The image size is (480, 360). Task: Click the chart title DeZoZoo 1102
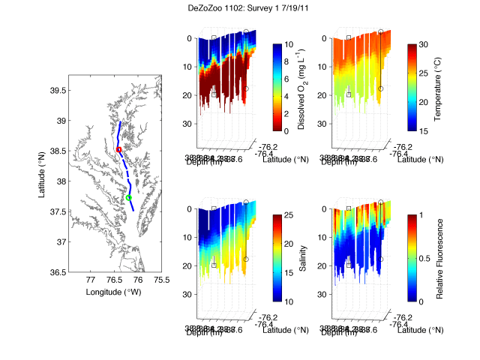[x=239, y=9]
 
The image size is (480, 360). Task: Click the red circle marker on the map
[x=119, y=150]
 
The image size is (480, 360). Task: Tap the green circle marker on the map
[x=129, y=198]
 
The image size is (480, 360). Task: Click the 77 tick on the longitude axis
[x=90, y=280]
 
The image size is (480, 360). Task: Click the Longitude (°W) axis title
[x=114, y=291]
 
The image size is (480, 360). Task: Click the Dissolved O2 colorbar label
[x=301, y=87]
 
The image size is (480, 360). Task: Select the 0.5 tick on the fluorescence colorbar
[x=427, y=258]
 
